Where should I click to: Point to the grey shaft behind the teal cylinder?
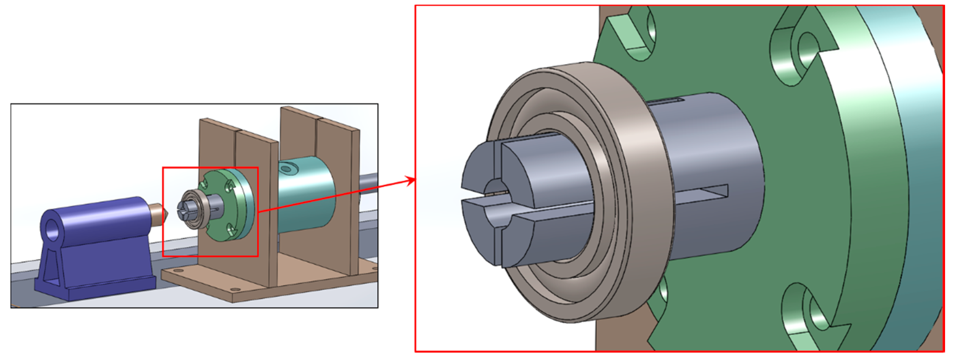click(x=368, y=182)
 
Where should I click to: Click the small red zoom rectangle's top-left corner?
click(x=163, y=168)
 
